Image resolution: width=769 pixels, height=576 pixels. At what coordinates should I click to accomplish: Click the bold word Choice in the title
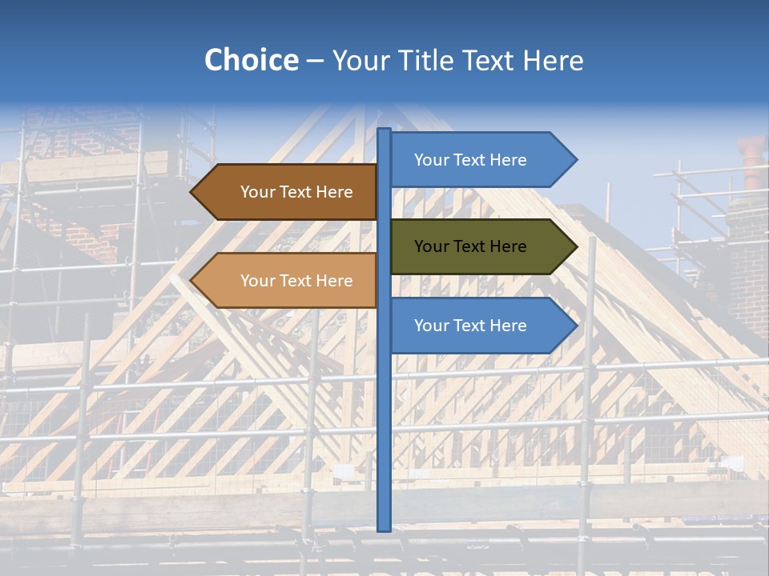point(251,60)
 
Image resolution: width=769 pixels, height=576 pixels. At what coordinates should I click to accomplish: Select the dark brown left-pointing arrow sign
point(288,192)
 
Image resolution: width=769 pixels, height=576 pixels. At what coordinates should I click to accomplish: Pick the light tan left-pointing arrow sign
point(288,280)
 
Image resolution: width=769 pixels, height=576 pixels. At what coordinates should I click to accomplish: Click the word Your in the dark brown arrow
point(257,192)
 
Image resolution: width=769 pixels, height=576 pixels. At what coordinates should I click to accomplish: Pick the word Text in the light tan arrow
point(296,281)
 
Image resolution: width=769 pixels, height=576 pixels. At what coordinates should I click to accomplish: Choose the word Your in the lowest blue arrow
point(431,326)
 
